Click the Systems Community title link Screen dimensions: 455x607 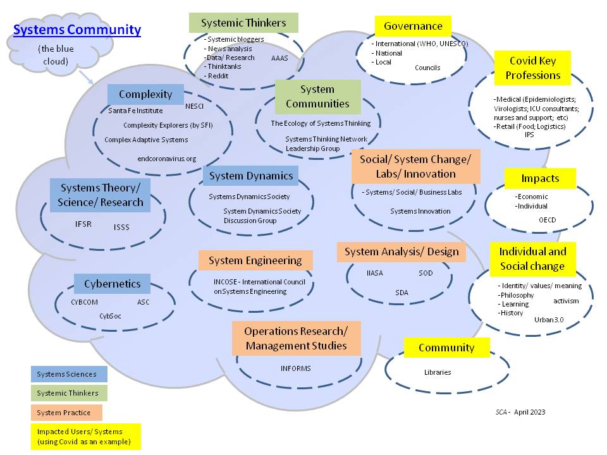pos(77,30)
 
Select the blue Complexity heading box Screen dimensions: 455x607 pos(145,95)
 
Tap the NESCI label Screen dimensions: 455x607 pos(194,107)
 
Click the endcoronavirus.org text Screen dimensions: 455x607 pos(167,159)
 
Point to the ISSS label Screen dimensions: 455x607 pos(121,227)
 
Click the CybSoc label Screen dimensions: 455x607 pos(110,315)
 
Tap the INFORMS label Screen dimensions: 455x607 pos(296,368)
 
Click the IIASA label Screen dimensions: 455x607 pos(375,273)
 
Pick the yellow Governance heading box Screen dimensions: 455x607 pos(413,27)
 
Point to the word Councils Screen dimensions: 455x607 pos(427,68)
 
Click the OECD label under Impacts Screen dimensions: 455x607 pos(548,220)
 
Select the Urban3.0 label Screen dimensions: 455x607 pos(549,320)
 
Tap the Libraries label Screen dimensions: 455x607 pos(438,372)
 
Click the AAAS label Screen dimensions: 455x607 pos(279,58)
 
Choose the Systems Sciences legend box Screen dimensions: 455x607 pos(69,374)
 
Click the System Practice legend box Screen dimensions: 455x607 pos(69,413)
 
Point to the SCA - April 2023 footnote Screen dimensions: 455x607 pos(520,412)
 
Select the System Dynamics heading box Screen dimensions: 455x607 pos(251,176)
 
